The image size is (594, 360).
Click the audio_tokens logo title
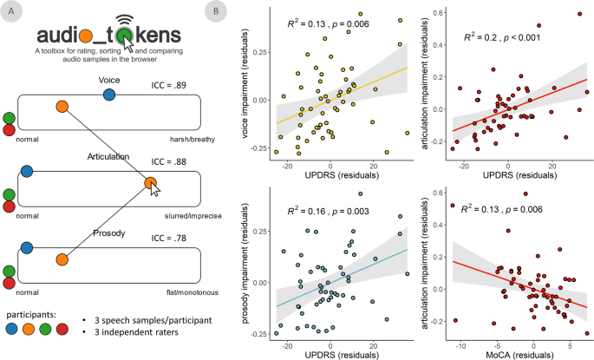pyautogui.click(x=108, y=36)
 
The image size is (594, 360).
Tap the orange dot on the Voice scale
pyautogui.click(x=62, y=108)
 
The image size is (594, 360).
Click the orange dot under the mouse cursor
pyautogui.click(x=150, y=183)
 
